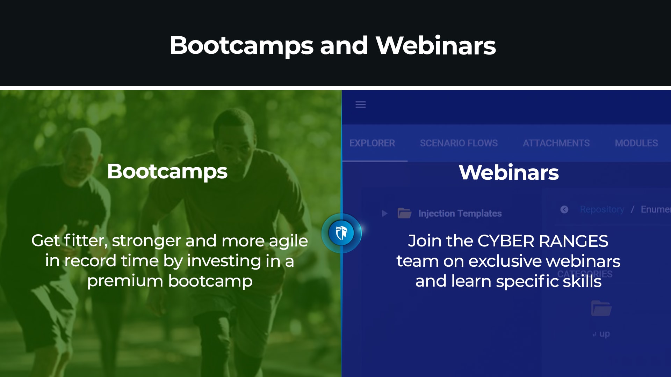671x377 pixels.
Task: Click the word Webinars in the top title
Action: [435, 46]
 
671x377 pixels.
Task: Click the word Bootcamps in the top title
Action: [241, 46]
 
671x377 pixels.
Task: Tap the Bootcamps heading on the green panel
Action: [167, 171]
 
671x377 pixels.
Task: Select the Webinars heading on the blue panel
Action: [508, 172]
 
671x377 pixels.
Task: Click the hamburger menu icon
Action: [360, 104]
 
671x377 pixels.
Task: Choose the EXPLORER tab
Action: [372, 143]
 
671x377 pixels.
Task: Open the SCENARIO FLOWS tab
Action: [459, 143]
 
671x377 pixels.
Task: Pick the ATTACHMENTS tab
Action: [556, 143]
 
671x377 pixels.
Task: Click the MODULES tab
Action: [636, 143]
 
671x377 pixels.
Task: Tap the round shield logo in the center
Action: [341, 233]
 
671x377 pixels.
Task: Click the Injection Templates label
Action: [460, 213]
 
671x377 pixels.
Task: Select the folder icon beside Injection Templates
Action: [404, 213]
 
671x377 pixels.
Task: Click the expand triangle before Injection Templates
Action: [384, 213]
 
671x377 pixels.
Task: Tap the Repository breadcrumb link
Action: [602, 209]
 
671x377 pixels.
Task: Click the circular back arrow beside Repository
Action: [564, 209]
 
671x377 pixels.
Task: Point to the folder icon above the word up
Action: [601, 308]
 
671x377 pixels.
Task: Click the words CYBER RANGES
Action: [542, 241]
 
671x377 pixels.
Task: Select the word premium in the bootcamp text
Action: [125, 281]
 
